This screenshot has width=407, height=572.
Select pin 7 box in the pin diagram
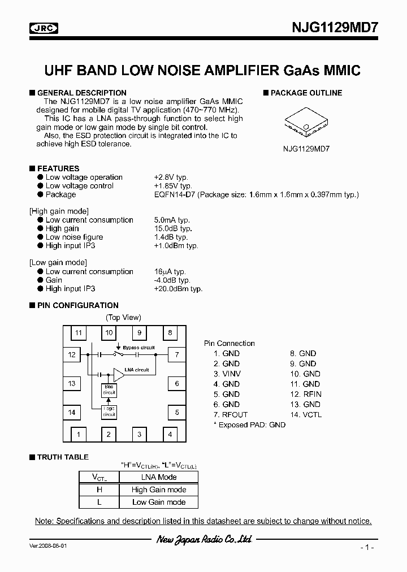(x=177, y=355)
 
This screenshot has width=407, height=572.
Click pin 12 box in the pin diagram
(x=72, y=355)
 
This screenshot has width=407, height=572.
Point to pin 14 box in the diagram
(x=72, y=413)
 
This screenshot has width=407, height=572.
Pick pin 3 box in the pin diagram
(x=139, y=435)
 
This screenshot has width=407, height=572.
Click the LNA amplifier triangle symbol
(x=118, y=374)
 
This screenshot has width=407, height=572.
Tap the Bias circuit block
(x=109, y=390)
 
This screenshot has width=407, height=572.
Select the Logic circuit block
(x=109, y=413)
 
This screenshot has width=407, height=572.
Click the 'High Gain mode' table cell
(x=159, y=489)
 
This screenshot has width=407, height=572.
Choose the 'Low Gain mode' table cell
(x=159, y=502)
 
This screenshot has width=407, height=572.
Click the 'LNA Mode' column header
(x=159, y=477)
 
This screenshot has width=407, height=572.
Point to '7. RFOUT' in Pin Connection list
(x=228, y=414)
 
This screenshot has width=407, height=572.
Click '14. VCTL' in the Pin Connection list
(x=305, y=414)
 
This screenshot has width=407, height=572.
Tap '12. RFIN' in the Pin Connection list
(x=305, y=394)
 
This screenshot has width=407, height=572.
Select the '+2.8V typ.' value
(x=174, y=177)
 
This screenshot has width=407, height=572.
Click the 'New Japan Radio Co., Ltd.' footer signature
(x=203, y=540)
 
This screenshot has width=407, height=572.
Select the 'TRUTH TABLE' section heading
(x=62, y=457)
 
